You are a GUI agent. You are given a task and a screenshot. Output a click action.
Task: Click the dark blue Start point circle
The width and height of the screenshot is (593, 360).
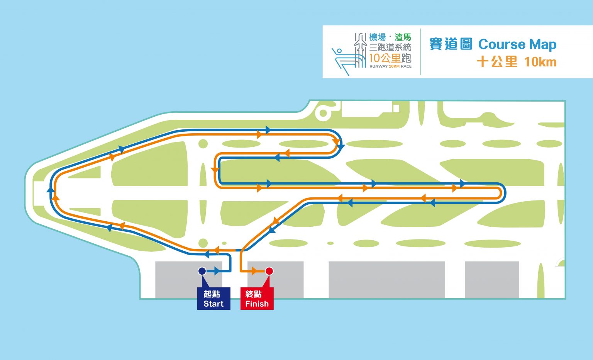pyautogui.click(x=202, y=271)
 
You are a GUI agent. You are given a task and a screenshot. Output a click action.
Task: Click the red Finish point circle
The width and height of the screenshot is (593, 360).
pyautogui.click(x=269, y=271)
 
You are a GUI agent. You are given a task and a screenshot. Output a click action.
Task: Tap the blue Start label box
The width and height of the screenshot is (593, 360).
pyautogui.click(x=213, y=299)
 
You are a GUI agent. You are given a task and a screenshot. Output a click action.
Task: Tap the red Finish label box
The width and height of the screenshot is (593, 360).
pyautogui.click(x=257, y=299)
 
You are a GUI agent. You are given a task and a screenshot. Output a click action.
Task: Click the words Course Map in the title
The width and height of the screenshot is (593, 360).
pyautogui.click(x=517, y=44)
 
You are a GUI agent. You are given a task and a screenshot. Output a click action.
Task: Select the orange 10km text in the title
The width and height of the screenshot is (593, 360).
pyautogui.click(x=540, y=62)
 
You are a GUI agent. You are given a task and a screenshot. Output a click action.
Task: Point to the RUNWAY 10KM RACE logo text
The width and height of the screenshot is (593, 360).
pyautogui.click(x=390, y=66)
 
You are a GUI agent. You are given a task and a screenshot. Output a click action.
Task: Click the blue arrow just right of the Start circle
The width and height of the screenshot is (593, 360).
pyautogui.click(x=217, y=271)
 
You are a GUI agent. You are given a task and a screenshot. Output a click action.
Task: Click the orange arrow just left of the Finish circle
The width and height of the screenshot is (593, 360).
pyautogui.click(x=254, y=271)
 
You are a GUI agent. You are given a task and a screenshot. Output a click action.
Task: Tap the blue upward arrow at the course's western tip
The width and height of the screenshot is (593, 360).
pyautogui.click(x=50, y=190)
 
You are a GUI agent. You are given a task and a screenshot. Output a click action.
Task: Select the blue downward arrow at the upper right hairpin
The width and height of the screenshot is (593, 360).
pyautogui.click(x=341, y=147)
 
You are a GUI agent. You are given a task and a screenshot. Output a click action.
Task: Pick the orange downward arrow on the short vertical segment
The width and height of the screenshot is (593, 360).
pyautogui.click(x=215, y=170)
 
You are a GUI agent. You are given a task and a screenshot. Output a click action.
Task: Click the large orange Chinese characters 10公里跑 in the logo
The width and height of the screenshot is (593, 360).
pyautogui.click(x=390, y=58)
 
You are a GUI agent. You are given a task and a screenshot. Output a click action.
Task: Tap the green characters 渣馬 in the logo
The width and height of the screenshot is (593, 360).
pyautogui.click(x=403, y=37)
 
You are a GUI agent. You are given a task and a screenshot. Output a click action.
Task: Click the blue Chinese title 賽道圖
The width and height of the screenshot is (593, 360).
pyautogui.click(x=451, y=44)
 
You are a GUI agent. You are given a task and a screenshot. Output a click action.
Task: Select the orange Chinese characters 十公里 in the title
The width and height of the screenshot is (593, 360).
pyautogui.click(x=496, y=62)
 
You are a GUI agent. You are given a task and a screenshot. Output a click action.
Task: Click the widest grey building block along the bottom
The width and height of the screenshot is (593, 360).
pyautogui.click(x=387, y=280)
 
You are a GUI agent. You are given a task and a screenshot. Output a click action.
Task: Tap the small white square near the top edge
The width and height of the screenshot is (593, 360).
pyautogui.click(x=396, y=108)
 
